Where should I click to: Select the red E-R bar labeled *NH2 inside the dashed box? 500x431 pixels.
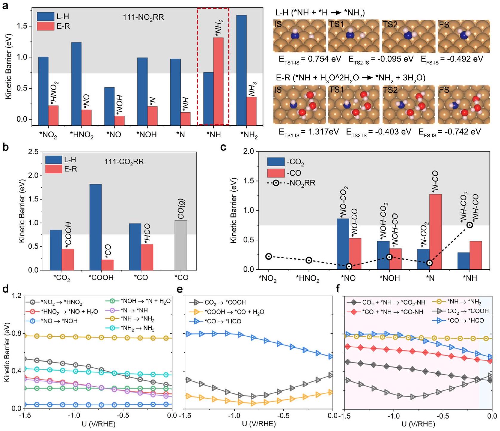coord(219,81)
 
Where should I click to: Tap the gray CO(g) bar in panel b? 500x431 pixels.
coord(181,245)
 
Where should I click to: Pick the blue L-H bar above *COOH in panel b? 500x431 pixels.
coord(96,227)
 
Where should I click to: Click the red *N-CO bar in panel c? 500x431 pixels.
coord(436,232)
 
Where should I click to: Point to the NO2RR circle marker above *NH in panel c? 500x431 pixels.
coord(470,225)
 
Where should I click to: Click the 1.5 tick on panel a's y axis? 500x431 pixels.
coord(23,26)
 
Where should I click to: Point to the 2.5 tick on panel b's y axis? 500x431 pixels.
coord(33,152)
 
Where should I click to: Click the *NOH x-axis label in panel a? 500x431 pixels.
coord(147,135)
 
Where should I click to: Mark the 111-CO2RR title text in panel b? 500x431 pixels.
coord(124,162)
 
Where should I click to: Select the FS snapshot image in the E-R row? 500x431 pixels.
coord(464,105)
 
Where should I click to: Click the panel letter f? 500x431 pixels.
coord(338,289)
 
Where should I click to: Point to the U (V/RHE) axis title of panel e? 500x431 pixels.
coord(259,424)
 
